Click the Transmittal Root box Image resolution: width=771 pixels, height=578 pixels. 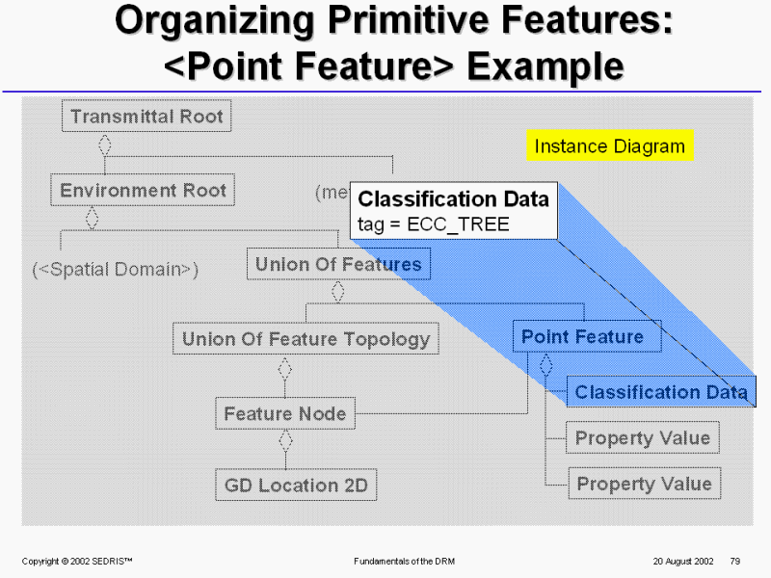click(x=146, y=117)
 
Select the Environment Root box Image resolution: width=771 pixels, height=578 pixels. click(x=143, y=191)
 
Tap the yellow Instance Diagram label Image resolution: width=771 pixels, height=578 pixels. click(x=609, y=146)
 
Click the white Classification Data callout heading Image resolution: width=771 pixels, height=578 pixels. click(x=453, y=199)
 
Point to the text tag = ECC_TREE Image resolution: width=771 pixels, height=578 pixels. click(x=433, y=224)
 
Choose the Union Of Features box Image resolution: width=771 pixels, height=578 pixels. click(x=338, y=264)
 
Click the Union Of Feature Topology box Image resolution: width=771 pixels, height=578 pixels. click(x=306, y=339)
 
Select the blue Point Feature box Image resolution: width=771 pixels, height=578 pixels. click(x=582, y=337)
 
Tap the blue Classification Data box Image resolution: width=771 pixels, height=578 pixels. click(x=661, y=392)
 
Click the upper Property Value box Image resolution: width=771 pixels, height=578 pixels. click(x=643, y=438)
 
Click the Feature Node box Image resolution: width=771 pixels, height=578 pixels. click(x=284, y=414)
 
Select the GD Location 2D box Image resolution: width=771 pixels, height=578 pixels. click(x=296, y=486)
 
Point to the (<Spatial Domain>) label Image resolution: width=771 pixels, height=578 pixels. click(x=115, y=270)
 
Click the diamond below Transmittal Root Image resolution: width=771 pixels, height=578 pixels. click(x=105, y=144)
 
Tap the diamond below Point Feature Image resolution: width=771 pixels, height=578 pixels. click(x=545, y=365)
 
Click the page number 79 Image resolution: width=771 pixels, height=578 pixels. click(x=734, y=561)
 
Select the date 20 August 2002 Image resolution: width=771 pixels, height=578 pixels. click(x=682, y=561)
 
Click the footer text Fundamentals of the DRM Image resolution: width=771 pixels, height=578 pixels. click(x=406, y=561)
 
